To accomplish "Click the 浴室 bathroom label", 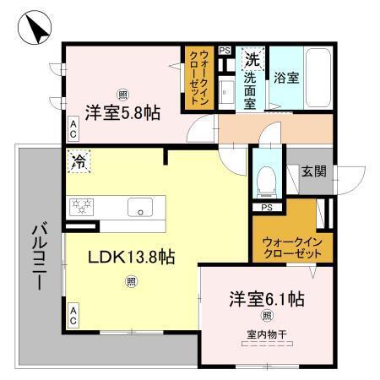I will click(285, 78).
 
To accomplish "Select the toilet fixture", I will click(265, 177).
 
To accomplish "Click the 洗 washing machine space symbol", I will click(252, 59).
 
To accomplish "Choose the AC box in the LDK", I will click(73, 317).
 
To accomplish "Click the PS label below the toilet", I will click(266, 208).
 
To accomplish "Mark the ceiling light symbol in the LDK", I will click(131, 281).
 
